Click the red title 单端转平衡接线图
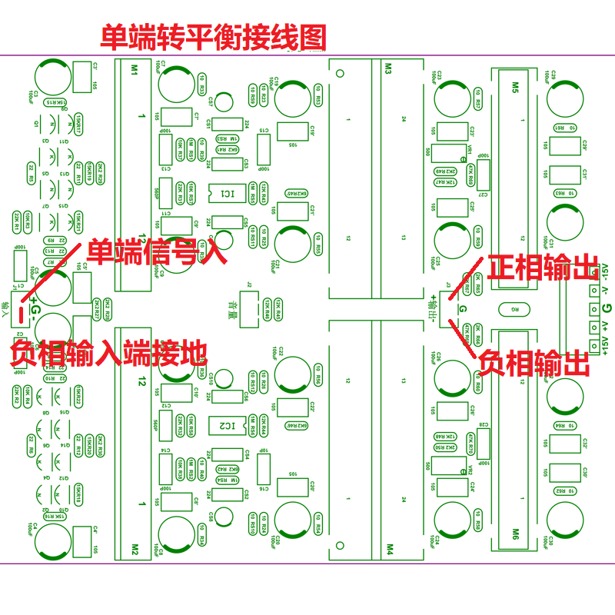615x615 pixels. click(x=214, y=38)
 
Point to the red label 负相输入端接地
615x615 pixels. click(x=109, y=353)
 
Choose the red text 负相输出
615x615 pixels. click(x=534, y=362)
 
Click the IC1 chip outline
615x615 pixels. click(x=228, y=193)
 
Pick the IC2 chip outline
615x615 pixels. click(x=228, y=424)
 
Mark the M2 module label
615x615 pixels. click(x=133, y=549)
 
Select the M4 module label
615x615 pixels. click(x=388, y=549)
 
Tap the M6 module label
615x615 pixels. click(x=514, y=532)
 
